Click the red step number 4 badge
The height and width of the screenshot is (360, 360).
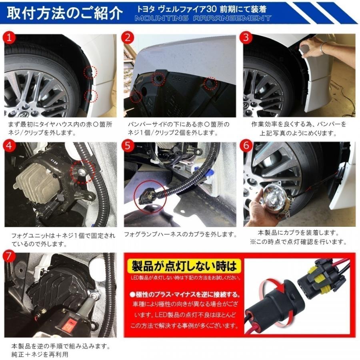click(11, 146)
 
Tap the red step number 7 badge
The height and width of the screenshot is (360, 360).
click(11, 256)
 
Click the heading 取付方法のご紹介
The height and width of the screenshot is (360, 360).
click(64, 14)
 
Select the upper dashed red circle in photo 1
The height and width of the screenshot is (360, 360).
click(90, 72)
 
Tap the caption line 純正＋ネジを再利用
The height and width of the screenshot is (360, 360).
click(40, 354)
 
